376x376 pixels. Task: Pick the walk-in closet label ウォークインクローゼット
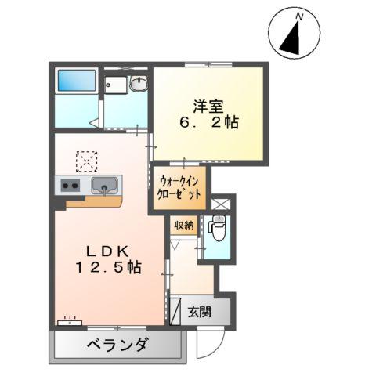(x=179, y=186)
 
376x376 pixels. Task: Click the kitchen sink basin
(x=104, y=186)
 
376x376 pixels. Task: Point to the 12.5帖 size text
(x=108, y=267)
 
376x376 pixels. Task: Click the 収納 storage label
(x=184, y=226)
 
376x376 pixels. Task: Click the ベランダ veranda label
(x=117, y=344)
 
